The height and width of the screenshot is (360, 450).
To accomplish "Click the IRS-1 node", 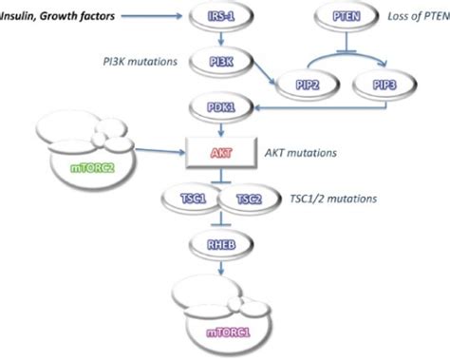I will tap(220, 16).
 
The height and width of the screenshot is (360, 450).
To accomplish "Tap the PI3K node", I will tap(220, 64).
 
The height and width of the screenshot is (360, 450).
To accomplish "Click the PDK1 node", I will tap(220, 107).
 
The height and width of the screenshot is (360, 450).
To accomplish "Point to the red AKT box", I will tap(220, 150).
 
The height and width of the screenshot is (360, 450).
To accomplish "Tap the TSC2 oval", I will tap(250, 199).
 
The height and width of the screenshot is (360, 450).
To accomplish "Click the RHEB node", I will tap(220, 241).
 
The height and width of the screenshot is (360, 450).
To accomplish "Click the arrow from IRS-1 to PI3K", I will tap(220, 40).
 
